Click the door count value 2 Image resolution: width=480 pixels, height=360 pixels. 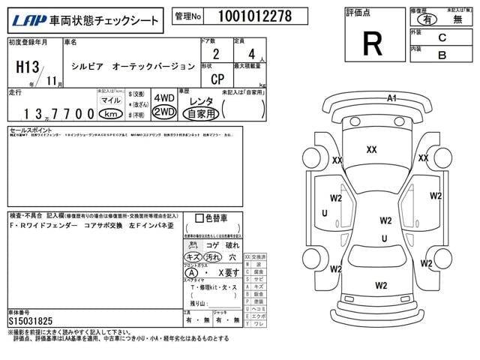click(x=216, y=54)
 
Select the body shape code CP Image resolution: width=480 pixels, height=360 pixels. click(x=216, y=76)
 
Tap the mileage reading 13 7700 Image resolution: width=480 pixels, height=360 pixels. click(x=52, y=113)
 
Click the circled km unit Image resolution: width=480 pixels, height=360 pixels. click(x=111, y=113)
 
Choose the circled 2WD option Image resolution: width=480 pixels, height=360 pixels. click(x=163, y=112)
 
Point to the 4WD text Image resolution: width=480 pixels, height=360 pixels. click(x=163, y=98)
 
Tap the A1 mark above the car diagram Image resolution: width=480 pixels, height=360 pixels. click(x=391, y=98)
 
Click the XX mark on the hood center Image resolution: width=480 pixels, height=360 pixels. click(x=371, y=149)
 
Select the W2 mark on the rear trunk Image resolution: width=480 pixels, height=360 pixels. click(x=381, y=285)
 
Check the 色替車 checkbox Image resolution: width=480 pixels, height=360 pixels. click(x=199, y=219)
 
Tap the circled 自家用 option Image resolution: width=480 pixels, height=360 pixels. click(x=201, y=113)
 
